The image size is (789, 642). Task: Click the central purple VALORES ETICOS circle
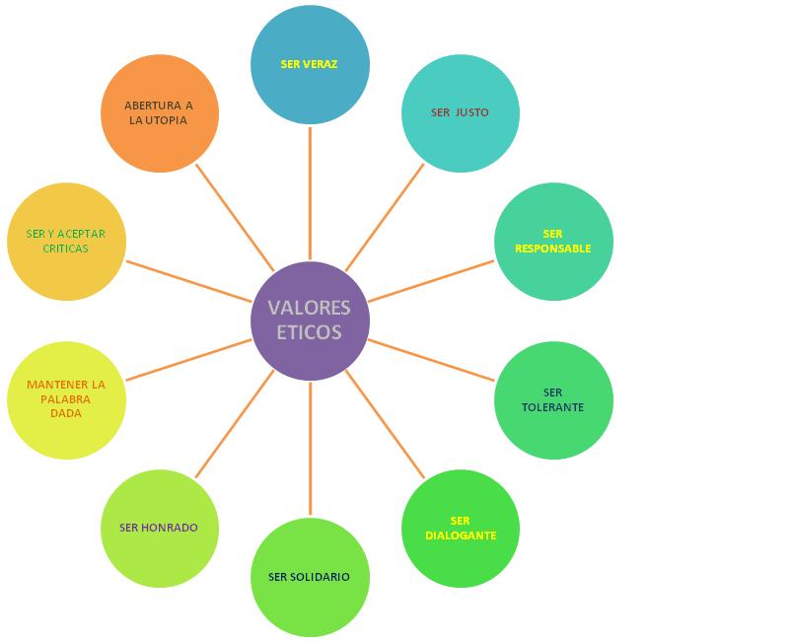pos(310,321)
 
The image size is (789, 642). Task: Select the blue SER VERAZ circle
pos(310,65)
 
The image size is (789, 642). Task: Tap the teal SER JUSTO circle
pos(460,112)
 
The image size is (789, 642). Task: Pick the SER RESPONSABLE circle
pos(553,242)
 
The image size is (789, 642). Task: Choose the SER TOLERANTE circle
pos(553,399)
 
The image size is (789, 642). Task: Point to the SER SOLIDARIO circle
pos(310,577)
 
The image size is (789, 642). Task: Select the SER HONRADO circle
pos(159,528)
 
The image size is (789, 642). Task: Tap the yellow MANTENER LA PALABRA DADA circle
pos(66,399)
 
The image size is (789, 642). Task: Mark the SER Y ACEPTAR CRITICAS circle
pos(66,242)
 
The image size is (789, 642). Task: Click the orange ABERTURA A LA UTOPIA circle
pos(159,113)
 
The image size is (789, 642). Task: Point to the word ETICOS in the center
pos(310,333)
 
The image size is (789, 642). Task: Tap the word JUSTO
pos(471,112)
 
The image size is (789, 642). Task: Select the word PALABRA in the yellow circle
pos(66,399)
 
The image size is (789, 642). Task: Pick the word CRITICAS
pos(66,249)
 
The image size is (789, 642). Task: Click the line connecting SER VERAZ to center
pos(310,192)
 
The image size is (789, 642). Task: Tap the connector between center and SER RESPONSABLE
pos(431,281)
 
